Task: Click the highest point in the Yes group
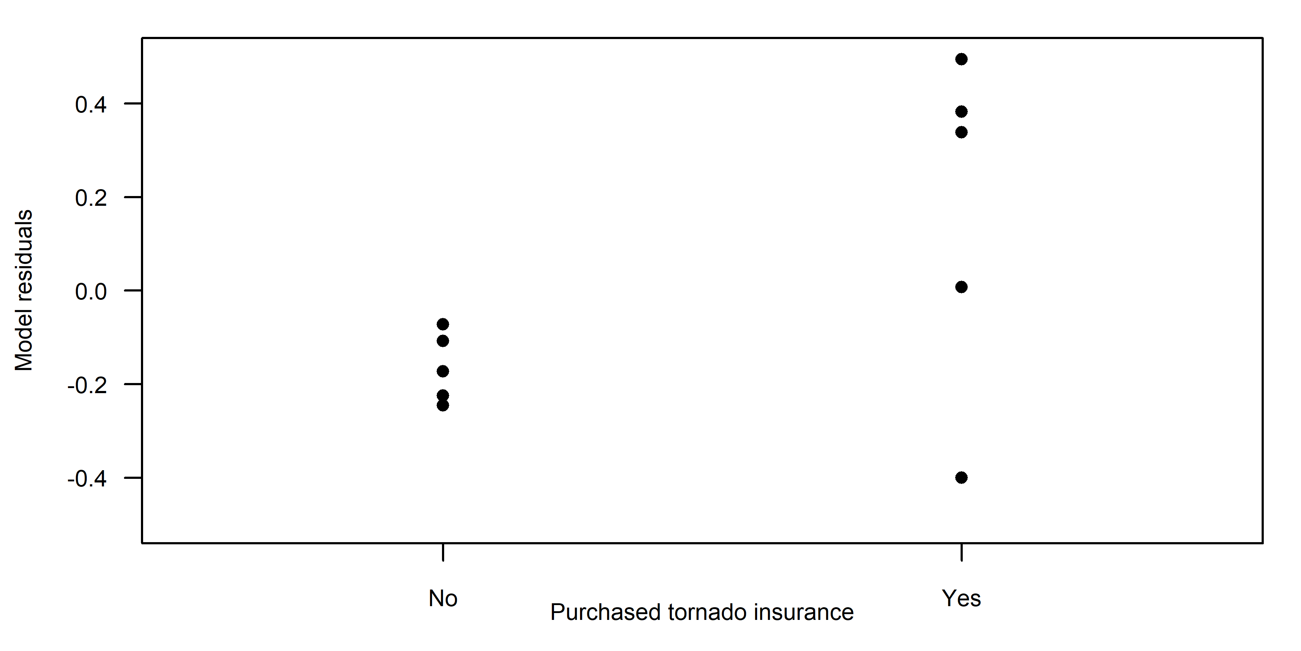[x=961, y=59]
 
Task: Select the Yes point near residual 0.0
[x=961, y=287]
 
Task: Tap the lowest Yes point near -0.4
[x=961, y=478]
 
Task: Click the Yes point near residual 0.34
[x=961, y=132]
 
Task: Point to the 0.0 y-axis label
[x=91, y=292]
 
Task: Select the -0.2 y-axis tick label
[x=87, y=385]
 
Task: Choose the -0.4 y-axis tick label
[x=87, y=478]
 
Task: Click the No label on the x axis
[x=443, y=599]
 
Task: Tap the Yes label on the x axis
[x=961, y=599]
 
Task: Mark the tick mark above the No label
[x=443, y=552]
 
